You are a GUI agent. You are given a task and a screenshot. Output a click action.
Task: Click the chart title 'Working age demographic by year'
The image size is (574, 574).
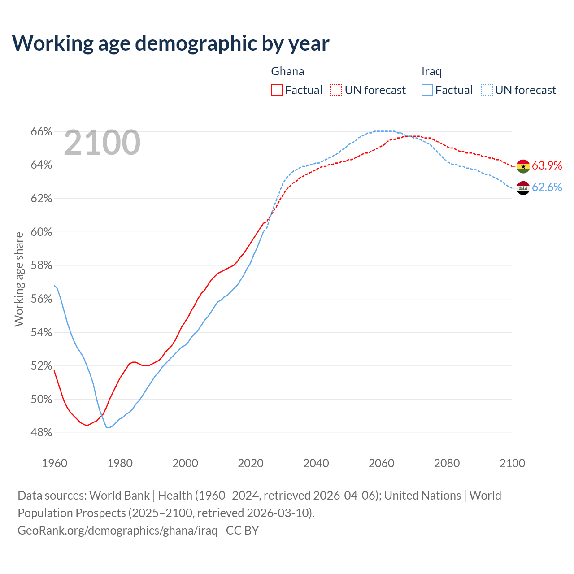tap(170, 43)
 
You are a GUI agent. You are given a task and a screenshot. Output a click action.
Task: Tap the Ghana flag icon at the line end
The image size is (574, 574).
tap(523, 166)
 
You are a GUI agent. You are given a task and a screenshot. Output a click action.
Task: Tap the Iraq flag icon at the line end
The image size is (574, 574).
tap(523, 188)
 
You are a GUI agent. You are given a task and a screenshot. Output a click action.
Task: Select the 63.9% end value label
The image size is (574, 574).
tap(547, 165)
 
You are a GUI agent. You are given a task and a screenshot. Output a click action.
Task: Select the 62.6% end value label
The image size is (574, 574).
tap(547, 187)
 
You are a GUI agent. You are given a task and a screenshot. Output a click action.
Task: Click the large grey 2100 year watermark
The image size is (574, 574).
tap(102, 143)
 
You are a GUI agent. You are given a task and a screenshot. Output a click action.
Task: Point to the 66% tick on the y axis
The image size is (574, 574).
tap(41, 132)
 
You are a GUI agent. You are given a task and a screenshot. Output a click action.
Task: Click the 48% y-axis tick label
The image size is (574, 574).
tap(41, 433)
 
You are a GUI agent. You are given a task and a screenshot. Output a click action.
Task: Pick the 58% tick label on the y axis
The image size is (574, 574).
tap(41, 265)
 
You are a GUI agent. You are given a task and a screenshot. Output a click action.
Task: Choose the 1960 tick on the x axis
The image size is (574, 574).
tap(55, 463)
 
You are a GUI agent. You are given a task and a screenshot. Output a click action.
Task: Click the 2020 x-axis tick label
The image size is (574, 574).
tap(251, 463)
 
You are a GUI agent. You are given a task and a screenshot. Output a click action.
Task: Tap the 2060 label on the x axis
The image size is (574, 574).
tap(381, 463)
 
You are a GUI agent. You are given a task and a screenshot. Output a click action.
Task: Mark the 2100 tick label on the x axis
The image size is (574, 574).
tap(512, 463)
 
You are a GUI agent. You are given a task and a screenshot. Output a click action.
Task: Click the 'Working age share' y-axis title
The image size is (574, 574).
tap(19, 279)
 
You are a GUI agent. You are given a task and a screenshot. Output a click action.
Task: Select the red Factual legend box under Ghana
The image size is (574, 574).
tap(277, 90)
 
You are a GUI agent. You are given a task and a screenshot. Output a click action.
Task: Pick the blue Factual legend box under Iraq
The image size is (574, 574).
tap(427, 90)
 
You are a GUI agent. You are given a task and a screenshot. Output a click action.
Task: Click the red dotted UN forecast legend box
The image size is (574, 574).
tap(336, 90)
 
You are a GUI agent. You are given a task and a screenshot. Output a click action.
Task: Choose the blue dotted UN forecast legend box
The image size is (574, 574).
tap(487, 90)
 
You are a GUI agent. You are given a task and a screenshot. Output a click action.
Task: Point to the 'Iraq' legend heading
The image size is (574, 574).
tap(431, 71)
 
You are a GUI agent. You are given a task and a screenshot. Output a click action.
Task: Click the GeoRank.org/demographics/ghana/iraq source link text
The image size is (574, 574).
tap(117, 531)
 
